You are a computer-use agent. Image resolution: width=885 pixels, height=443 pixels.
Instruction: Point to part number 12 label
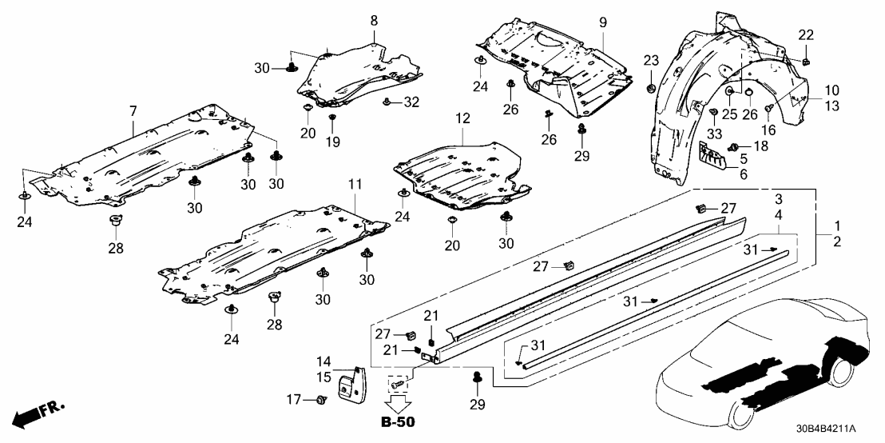click(x=461, y=120)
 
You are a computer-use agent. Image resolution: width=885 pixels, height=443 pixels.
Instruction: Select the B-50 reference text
click(x=398, y=421)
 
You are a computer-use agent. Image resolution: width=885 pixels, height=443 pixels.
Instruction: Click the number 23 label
click(x=650, y=60)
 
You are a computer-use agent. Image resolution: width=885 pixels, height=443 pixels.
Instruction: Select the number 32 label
click(x=411, y=102)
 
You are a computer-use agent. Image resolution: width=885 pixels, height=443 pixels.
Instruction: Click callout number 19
click(x=333, y=142)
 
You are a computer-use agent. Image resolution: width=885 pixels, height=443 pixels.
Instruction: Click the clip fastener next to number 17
click(x=321, y=398)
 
